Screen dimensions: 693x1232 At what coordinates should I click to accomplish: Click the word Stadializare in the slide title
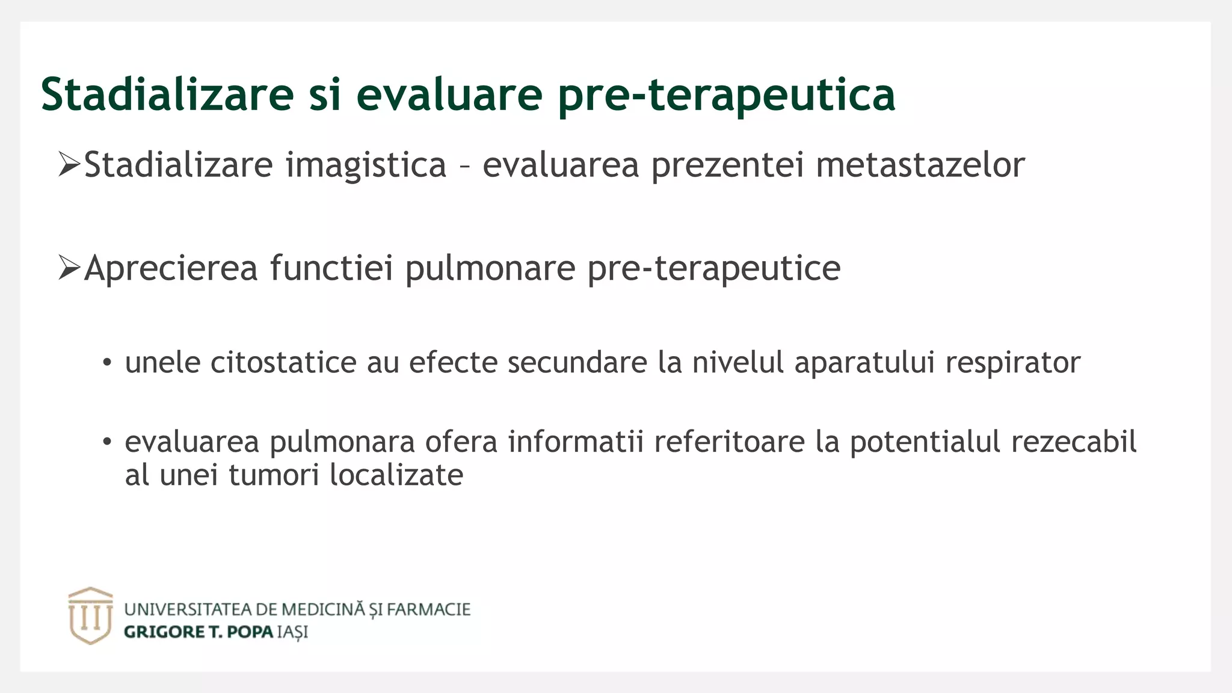pyautogui.click(x=167, y=94)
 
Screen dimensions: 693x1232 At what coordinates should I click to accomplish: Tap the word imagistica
pyautogui.click(x=366, y=165)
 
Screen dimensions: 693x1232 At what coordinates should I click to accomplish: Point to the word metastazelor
pyautogui.click(x=920, y=165)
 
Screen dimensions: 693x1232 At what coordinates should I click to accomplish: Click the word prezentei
pyautogui.click(x=727, y=166)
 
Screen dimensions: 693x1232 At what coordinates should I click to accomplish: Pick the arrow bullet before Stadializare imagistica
pyautogui.click(x=69, y=164)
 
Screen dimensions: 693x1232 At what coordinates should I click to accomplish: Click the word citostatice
pyautogui.click(x=283, y=362)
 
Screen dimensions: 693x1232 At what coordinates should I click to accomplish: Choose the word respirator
pyautogui.click(x=1012, y=363)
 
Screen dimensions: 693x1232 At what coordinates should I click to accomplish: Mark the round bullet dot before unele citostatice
pyautogui.click(x=107, y=363)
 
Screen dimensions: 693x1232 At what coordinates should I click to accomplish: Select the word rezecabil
pyautogui.click(x=1073, y=442)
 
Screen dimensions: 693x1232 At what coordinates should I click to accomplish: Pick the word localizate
pyautogui.click(x=396, y=475)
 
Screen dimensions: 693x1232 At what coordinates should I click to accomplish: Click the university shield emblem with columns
pyautogui.click(x=90, y=615)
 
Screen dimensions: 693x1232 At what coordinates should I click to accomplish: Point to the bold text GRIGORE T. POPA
pyautogui.click(x=199, y=632)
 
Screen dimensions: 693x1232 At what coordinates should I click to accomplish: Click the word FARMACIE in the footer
pyautogui.click(x=428, y=609)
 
